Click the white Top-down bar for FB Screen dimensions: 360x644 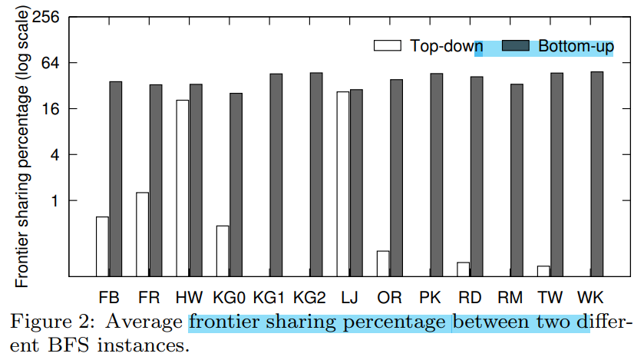(x=102, y=246)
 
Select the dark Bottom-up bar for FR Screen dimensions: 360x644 (x=156, y=180)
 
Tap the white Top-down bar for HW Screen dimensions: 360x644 (x=183, y=187)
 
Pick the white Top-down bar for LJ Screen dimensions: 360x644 (x=343, y=183)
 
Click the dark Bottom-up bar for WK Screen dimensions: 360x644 (x=596, y=173)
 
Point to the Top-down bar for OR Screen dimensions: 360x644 (x=383, y=263)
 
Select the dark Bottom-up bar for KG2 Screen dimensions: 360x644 (x=316, y=174)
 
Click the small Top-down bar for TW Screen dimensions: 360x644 (x=543, y=270)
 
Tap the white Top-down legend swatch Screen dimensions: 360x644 (x=388, y=46)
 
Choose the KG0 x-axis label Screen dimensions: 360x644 (x=230, y=296)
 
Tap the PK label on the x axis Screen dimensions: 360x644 (x=430, y=296)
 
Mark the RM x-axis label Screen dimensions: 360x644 (x=510, y=296)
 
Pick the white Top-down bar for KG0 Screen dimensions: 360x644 (x=223, y=250)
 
